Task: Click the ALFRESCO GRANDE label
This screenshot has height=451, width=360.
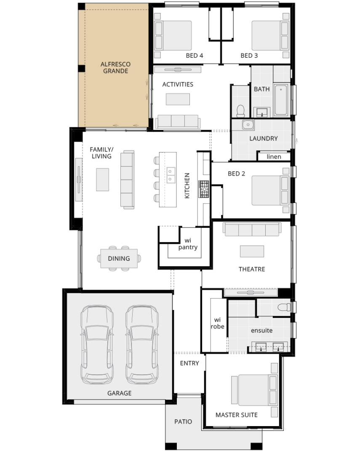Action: click(116, 68)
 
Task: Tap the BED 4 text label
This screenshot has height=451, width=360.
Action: click(195, 56)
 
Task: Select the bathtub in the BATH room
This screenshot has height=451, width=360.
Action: click(281, 100)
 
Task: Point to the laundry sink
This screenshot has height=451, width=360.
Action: click(248, 125)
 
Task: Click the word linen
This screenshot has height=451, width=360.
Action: click(274, 157)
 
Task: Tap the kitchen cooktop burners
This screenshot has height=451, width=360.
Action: click(204, 189)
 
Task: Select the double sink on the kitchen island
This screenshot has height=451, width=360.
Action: click(171, 175)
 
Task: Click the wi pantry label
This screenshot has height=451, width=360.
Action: click(188, 244)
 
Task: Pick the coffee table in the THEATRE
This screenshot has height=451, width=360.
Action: click(252, 251)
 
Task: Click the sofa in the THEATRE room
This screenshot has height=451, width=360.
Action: click(252, 229)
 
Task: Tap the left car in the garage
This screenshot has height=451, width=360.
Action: click(97, 344)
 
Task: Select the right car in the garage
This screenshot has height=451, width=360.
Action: click(142, 344)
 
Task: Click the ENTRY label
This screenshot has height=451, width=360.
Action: click(189, 363)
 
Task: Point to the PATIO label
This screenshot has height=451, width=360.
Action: click(183, 422)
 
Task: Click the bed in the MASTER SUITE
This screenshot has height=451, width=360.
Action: click(254, 390)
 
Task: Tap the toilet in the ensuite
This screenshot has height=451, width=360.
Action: click(284, 307)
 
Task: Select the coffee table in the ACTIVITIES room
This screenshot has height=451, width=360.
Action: click(178, 99)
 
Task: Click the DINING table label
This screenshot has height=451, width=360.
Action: click(119, 259)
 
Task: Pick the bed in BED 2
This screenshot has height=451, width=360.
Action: click(270, 190)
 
